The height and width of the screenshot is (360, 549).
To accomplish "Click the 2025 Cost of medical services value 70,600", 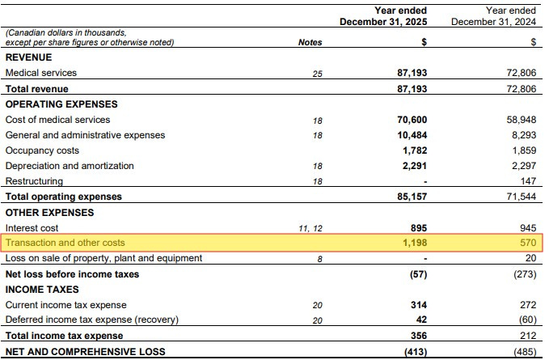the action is tap(412, 120).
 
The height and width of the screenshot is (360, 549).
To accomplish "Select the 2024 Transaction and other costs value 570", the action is tap(528, 243).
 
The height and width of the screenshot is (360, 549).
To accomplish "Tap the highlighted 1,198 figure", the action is tap(415, 243).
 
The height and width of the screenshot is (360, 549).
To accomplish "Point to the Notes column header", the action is tap(310, 42).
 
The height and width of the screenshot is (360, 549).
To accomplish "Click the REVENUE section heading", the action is tap(29, 57).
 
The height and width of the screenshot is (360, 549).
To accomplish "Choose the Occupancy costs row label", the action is tap(42, 150).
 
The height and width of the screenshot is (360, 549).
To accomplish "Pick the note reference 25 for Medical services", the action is tap(317, 74).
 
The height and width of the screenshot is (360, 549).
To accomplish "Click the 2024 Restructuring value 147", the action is tap(528, 181).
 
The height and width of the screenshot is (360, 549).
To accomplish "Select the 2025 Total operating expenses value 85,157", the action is tap(412, 197).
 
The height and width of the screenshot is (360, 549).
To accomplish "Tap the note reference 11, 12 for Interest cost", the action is tap(310, 229).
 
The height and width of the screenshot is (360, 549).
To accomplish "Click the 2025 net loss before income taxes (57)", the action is tap(418, 274).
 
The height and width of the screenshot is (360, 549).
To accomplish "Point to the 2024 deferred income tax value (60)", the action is tap(527, 320).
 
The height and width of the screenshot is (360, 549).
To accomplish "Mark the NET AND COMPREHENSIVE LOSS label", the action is tap(86, 352).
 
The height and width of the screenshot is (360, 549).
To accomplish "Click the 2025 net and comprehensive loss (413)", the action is tap(416, 352).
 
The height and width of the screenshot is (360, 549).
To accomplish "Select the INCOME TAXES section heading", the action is tap(42, 290).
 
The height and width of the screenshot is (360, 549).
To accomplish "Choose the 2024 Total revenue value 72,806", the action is tap(521, 89).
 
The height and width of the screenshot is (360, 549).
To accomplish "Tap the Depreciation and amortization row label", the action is tap(70, 166).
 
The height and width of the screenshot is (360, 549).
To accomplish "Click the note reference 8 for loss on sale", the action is tap(319, 259).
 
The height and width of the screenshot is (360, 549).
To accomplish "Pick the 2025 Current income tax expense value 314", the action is tap(419, 305).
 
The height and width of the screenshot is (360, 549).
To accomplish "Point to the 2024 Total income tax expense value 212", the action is tap(528, 336).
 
